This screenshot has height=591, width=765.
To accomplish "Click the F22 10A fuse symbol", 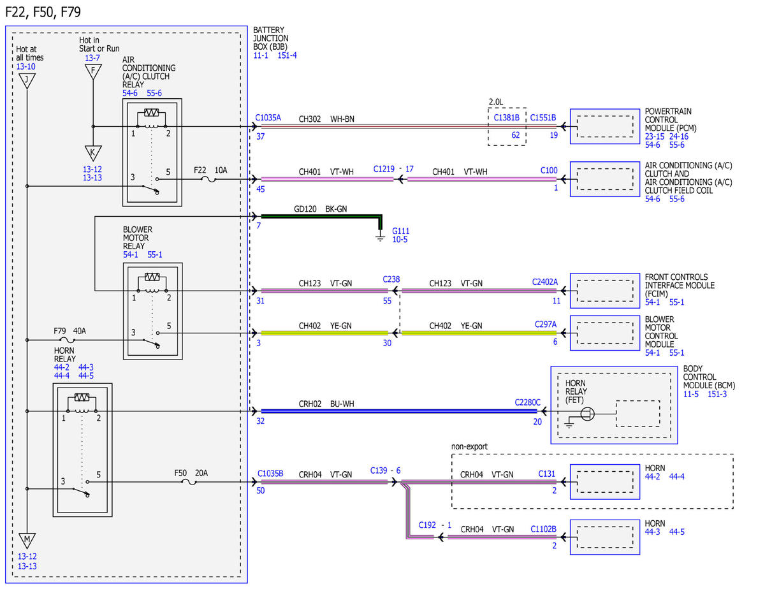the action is coord(208,180).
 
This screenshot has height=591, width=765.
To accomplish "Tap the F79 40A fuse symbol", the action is coord(67,340).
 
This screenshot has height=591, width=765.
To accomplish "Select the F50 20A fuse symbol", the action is coord(189,482).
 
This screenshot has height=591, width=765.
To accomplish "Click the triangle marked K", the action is coord(93,154).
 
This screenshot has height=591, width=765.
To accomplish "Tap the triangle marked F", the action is coord(93,72).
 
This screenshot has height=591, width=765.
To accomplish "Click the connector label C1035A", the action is coord(268,117).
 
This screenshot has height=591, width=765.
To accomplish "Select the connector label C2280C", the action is coord(527,402).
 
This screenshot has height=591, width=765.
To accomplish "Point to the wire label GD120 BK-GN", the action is coord(321,209).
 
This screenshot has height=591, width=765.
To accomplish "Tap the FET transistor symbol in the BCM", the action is coord(587,414).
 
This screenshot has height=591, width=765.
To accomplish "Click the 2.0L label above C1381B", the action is coord(496,102).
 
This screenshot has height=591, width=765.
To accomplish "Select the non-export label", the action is coord(469,447).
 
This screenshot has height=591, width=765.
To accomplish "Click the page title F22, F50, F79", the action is coord(43,12).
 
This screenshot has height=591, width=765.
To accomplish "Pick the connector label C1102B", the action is coord(544,529).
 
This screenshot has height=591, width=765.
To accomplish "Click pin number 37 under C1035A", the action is coord(261,136).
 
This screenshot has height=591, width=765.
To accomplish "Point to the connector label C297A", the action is coord(546,324).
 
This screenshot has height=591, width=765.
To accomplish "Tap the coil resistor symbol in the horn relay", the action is coord(82,397).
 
